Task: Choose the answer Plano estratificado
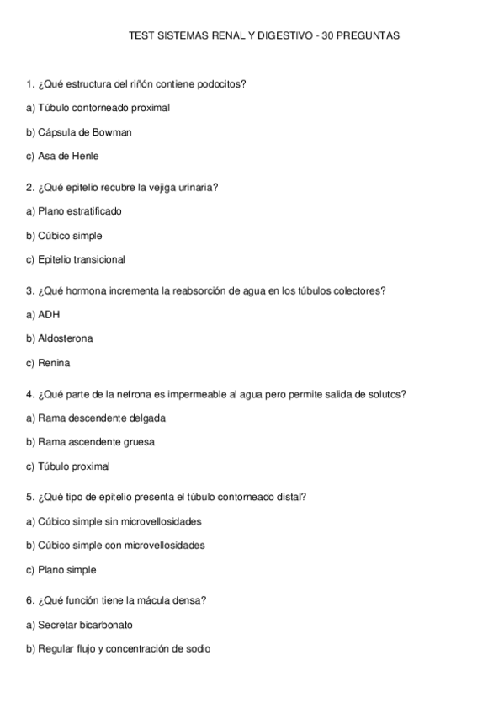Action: click(x=80, y=211)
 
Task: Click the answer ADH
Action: click(x=50, y=314)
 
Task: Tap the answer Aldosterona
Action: click(x=66, y=338)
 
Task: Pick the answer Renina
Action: click(x=55, y=363)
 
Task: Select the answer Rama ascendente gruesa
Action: click(x=97, y=441)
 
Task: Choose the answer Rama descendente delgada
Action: click(x=102, y=418)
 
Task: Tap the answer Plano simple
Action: click(x=67, y=569)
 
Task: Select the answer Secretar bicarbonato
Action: click(x=85, y=625)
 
